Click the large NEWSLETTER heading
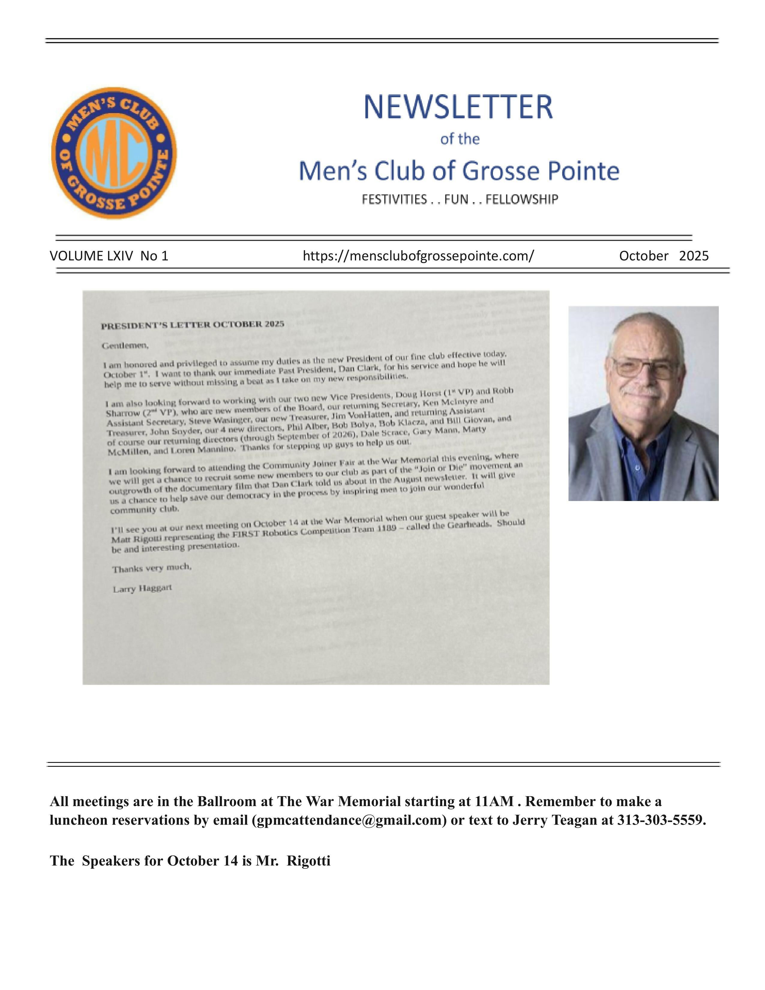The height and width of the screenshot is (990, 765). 458,107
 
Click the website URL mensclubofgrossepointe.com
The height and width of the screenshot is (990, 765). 418,256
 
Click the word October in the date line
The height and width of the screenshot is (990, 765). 643,256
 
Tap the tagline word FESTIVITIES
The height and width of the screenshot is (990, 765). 394,199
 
